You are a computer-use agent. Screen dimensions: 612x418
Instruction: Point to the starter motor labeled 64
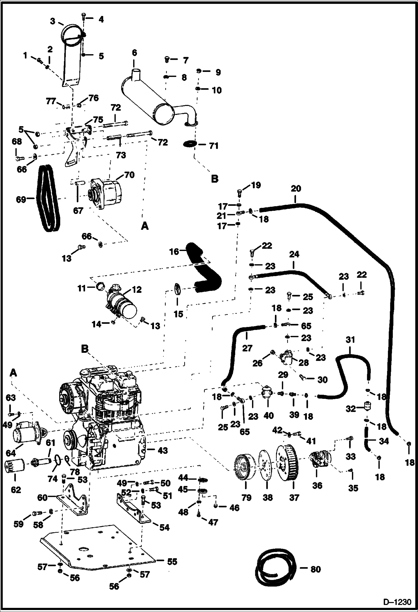[x=26, y=437]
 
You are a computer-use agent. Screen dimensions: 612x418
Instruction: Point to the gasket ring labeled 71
[x=190, y=145]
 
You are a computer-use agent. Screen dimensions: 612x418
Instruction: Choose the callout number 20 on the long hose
[x=296, y=189]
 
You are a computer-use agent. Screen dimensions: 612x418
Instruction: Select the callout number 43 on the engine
[x=162, y=450]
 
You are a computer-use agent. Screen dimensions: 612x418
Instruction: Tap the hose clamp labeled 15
[x=178, y=289]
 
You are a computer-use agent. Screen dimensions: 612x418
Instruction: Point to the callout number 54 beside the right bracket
[x=164, y=527]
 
